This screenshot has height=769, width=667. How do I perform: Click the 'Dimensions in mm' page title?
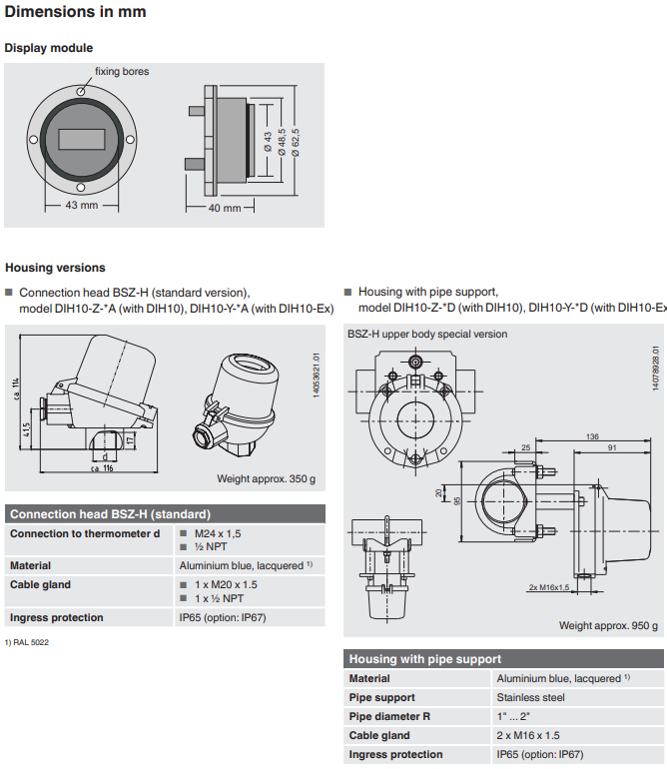76,13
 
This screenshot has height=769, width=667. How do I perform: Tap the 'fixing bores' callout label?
122,72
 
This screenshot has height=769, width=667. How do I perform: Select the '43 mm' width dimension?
82,205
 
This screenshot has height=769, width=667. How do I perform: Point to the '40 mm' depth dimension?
226,208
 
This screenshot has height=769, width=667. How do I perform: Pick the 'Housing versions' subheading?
55,268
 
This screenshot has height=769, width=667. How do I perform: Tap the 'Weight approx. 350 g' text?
266,479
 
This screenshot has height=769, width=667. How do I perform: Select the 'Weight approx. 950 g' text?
608,626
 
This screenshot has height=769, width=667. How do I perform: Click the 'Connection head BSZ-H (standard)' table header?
110,514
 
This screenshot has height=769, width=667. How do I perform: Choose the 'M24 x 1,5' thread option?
217,534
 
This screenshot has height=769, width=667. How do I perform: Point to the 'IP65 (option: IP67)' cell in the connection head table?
222,618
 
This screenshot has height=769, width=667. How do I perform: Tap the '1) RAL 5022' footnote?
27,642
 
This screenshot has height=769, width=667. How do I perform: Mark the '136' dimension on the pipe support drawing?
593,436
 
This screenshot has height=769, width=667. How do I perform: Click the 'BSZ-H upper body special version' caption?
427,335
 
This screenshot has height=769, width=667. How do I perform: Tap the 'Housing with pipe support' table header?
424,659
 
